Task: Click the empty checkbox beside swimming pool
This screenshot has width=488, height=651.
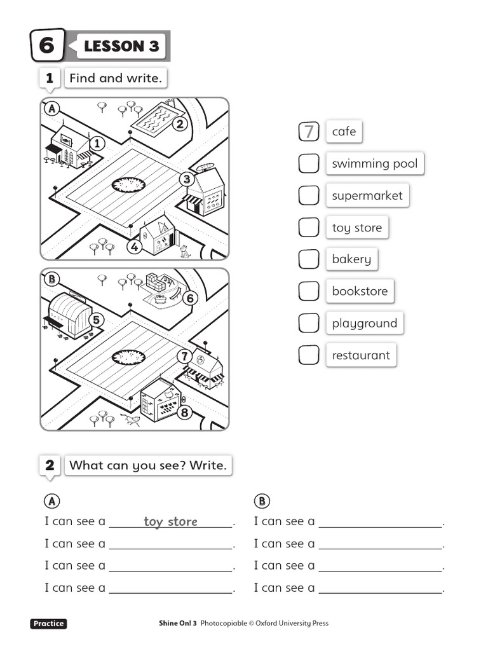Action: pos(309,163)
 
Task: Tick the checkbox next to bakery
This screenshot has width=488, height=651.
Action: pos(309,259)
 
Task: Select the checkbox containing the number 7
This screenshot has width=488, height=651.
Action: pos(309,132)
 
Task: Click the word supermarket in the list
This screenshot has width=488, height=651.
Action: pos(367,196)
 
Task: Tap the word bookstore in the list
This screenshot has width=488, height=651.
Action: pos(360,291)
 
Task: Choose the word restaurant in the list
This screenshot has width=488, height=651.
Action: pos(361,355)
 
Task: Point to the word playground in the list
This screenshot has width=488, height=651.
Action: pos(364,324)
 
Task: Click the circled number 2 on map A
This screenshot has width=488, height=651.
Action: pos(180,124)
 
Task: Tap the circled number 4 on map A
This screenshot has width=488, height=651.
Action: pos(134,247)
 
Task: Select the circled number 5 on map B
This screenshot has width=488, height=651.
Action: pos(97,320)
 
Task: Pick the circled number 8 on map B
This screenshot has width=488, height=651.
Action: pos(184,413)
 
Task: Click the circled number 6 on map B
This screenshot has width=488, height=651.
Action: pos(189,298)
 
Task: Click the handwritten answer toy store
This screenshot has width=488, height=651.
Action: pos(170,522)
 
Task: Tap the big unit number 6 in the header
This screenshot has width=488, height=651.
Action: pos(47,46)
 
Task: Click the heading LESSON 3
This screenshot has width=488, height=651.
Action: pos(121,46)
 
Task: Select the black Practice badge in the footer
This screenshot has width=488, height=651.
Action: pos(48,624)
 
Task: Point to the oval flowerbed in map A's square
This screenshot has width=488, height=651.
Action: pos(128,185)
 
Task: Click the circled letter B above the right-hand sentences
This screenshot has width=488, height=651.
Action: pos(262,501)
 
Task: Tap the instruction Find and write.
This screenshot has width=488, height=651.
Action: pos(116,78)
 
